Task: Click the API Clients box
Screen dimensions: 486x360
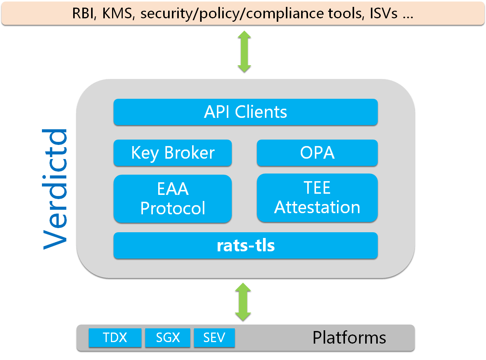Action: [245, 112]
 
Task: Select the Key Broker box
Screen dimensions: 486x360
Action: [172, 153]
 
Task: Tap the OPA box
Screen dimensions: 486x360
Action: [317, 153]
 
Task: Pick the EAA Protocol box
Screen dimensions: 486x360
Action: [172, 199]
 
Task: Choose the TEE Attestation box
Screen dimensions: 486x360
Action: [317, 198]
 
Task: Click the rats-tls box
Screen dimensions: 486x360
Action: [245, 246]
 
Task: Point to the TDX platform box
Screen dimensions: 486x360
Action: [115, 337]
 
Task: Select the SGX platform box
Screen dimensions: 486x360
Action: [168, 337]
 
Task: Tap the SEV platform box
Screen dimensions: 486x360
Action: [214, 337]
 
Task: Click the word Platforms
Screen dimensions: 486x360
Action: [349, 337]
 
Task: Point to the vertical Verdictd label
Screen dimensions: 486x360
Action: [55, 189]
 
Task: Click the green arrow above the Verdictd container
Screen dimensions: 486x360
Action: [244, 51]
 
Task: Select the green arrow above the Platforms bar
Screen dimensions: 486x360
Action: [243, 302]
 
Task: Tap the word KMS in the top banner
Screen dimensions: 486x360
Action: [118, 13]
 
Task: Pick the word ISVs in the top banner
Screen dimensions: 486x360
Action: [383, 13]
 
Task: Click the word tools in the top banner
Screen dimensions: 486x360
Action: [346, 13]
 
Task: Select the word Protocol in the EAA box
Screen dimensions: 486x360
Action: [173, 208]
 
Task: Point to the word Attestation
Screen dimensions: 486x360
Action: [317, 207]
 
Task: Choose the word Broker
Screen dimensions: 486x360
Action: [189, 153]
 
